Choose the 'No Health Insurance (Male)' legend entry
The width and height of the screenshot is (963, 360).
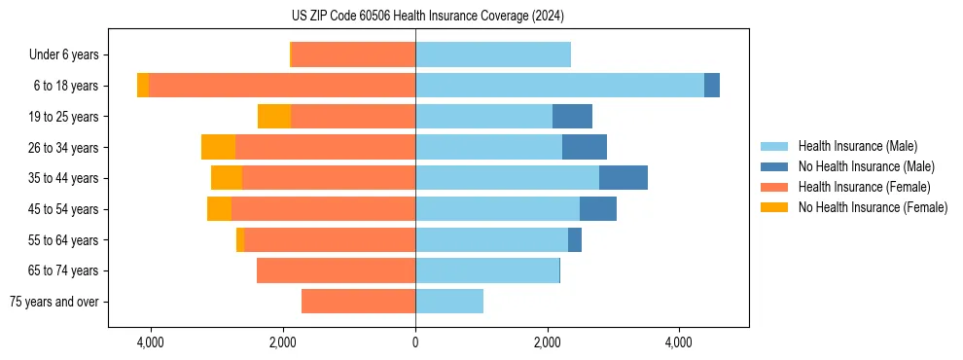click(866, 166)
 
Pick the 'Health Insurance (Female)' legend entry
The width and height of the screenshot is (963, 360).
click(864, 187)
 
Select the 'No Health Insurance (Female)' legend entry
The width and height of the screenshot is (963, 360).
click(873, 207)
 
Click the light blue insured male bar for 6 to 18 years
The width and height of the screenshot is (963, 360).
click(559, 86)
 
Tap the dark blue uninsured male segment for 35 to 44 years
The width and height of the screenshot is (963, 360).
click(624, 178)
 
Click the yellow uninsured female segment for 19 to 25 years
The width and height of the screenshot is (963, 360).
click(274, 117)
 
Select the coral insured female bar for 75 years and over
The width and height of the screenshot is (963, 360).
click(358, 302)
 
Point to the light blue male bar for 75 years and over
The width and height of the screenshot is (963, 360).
click(449, 302)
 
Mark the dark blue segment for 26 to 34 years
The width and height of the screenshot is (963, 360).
click(585, 147)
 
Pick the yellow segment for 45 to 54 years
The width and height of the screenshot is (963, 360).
click(219, 209)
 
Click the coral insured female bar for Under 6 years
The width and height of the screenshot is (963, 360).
click(353, 55)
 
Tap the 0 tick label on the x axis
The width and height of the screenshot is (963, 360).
click(415, 343)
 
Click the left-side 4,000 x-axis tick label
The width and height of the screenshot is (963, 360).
click(151, 343)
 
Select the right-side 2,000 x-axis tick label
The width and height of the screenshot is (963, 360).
click(548, 343)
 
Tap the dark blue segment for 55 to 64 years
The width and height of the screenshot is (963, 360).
click(575, 240)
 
